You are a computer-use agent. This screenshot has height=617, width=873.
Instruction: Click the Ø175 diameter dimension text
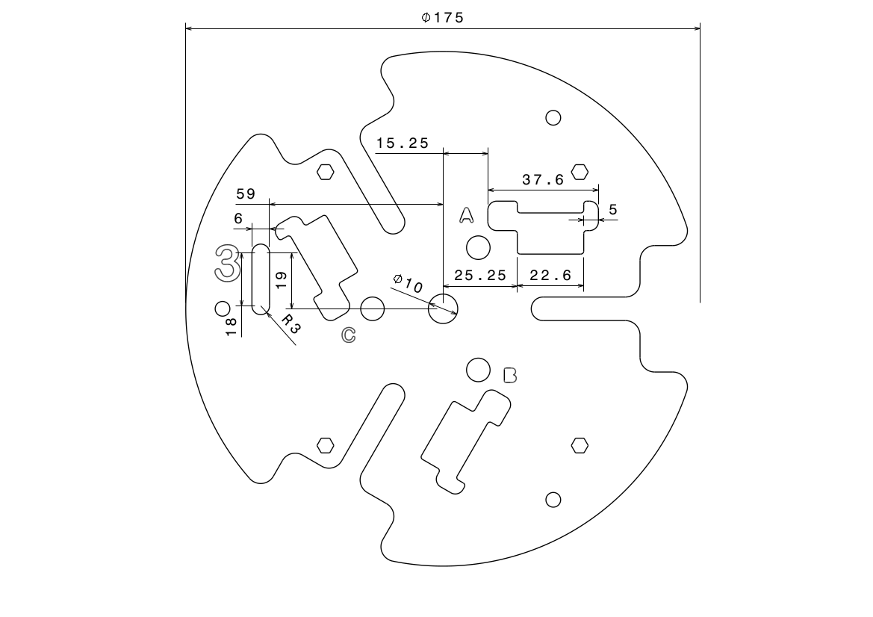tap(442, 17)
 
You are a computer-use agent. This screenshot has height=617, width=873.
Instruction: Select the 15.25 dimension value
tap(403, 143)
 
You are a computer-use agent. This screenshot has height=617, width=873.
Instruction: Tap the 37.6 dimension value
tap(543, 180)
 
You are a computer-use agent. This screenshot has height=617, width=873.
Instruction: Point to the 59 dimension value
tap(246, 194)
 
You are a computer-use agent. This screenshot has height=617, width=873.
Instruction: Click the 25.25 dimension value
tap(480, 276)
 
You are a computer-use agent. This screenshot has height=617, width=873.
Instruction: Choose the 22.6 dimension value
tap(550, 276)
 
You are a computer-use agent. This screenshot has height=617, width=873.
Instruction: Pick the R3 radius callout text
tap(292, 323)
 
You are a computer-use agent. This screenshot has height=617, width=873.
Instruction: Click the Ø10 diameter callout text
tap(408, 283)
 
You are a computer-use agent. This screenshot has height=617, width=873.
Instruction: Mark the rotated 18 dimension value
tap(231, 326)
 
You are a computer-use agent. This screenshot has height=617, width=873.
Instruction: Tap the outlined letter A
tap(466, 216)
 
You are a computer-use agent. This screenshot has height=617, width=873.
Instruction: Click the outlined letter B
tap(510, 375)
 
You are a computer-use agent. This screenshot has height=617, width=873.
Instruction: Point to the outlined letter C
tap(348, 335)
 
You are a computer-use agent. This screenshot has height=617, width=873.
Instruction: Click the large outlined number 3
tap(227, 261)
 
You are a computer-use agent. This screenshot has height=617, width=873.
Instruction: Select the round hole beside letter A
tap(477, 247)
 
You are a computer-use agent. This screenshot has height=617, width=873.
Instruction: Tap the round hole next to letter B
tap(478, 369)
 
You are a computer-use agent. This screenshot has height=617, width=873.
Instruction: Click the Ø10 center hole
tap(443, 308)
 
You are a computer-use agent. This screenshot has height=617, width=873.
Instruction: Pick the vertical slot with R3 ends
tap(261, 279)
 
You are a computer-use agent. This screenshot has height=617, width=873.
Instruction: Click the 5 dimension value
tap(613, 210)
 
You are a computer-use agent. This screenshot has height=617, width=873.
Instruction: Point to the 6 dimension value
tap(238, 218)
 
